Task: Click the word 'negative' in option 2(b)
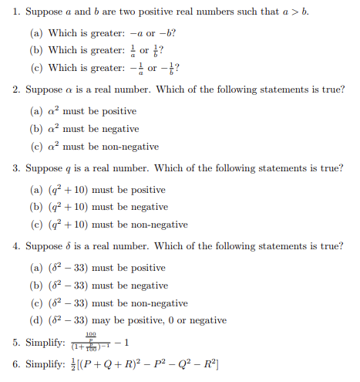(121, 129)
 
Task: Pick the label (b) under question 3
(35, 207)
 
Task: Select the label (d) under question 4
(35, 320)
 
